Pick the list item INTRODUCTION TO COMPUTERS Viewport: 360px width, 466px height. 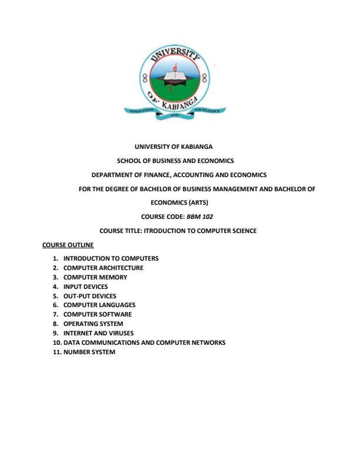pos(111,258)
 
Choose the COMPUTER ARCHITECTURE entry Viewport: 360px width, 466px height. pos(103,268)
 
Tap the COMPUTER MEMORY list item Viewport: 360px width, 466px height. pos(95,277)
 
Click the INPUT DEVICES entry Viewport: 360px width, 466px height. pos(85,287)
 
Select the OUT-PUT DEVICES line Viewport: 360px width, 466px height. pos(89,296)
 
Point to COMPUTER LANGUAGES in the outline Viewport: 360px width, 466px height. pos(99,305)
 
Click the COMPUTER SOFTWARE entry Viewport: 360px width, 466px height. pos(98,314)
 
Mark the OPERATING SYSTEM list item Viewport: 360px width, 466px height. pos(93,324)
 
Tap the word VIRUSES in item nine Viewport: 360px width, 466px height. pos(121,333)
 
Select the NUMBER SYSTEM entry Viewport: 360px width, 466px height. pos(89,352)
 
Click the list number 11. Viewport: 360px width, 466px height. pos(57,352)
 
